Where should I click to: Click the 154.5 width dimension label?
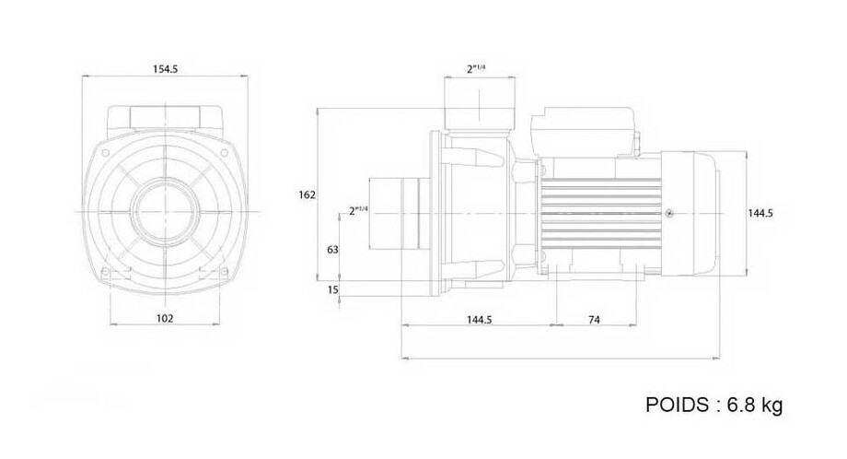[166, 68]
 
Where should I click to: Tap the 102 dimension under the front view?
[165, 318]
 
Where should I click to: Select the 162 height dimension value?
[307, 194]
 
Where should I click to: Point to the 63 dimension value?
[332, 249]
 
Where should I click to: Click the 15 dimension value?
[332, 289]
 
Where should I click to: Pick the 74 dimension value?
[594, 320]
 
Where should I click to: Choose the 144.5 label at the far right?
[760, 213]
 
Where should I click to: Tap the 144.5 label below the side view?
[479, 320]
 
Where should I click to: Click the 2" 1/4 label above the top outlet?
[476, 68]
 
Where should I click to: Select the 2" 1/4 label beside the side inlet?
[358, 210]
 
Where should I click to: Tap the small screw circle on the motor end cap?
[669, 213]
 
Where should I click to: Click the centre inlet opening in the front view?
[164, 211]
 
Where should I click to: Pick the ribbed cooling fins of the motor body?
[600, 213]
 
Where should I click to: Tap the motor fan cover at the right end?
[690, 213]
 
